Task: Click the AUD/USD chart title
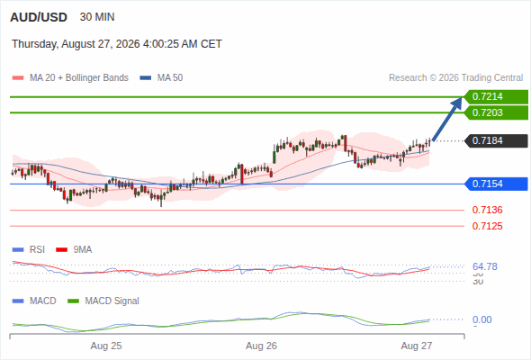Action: pyautogui.click(x=39, y=17)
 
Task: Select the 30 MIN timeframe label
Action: pyautogui.click(x=97, y=17)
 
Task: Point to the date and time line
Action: pyautogui.click(x=117, y=44)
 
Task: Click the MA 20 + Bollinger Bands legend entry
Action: pyautogui.click(x=70, y=78)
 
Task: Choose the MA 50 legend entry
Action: pyautogui.click(x=161, y=78)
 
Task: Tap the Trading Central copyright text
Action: pyautogui.click(x=455, y=78)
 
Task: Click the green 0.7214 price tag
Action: pyautogui.click(x=496, y=97)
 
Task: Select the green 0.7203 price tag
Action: pyautogui.click(x=496, y=112)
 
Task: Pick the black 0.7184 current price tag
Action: pyautogui.click(x=496, y=140)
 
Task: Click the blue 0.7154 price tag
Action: pyautogui.click(x=496, y=184)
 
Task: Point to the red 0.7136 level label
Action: pyautogui.click(x=487, y=210)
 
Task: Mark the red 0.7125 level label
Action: pyautogui.click(x=487, y=226)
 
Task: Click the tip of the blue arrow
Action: pyautogui.click(x=462, y=97)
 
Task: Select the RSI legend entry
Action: pyautogui.click(x=29, y=249)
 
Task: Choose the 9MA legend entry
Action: pyautogui.click(x=74, y=249)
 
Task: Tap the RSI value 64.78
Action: pyautogui.click(x=485, y=266)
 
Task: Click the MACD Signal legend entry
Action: pyautogui.click(x=103, y=301)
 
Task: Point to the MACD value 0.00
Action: pyautogui.click(x=481, y=319)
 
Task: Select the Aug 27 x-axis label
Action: pyautogui.click(x=417, y=346)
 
